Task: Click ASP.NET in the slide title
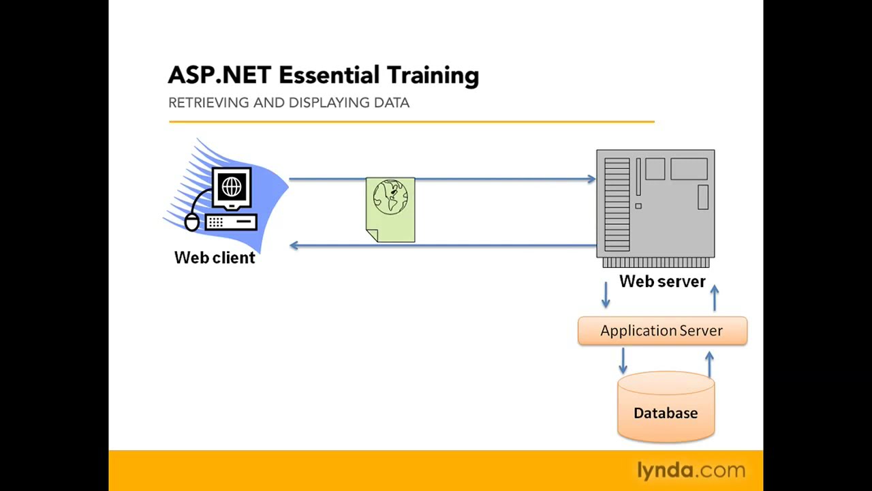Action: tap(219, 75)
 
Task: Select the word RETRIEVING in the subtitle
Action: tap(208, 102)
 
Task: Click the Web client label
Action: tap(215, 258)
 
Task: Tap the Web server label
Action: tap(662, 282)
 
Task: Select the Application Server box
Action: tap(662, 331)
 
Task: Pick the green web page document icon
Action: tap(390, 210)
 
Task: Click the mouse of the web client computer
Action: tap(192, 222)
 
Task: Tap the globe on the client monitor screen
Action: tap(232, 186)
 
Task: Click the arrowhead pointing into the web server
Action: tap(591, 179)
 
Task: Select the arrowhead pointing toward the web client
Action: tap(294, 245)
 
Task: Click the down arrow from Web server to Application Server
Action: tap(606, 295)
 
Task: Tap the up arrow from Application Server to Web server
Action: tap(714, 298)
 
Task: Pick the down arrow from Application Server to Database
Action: tap(623, 361)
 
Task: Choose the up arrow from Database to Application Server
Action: tap(709, 363)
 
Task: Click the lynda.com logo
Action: tap(691, 471)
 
